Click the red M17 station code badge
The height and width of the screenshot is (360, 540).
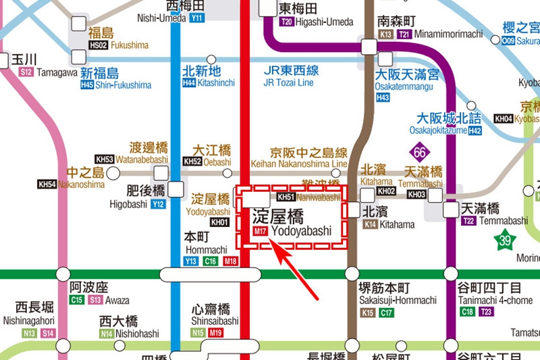[x=261, y=232]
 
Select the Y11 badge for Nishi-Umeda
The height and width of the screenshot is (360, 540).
[x=197, y=18]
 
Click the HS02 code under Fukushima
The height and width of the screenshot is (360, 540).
[x=99, y=45]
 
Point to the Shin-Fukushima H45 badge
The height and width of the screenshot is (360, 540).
[x=87, y=86]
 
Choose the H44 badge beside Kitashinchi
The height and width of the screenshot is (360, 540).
[x=189, y=83]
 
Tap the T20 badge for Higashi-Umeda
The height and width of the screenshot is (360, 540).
[x=286, y=22]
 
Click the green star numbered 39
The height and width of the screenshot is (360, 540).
[x=504, y=239]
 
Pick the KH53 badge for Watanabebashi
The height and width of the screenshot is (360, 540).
[x=105, y=159]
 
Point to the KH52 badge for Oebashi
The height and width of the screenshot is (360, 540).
[x=192, y=162]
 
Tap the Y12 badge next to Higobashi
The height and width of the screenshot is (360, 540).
[x=159, y=204]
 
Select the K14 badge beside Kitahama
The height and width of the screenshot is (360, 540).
[x=370, y=224]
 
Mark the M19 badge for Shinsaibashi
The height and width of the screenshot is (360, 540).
[x=215, y=333]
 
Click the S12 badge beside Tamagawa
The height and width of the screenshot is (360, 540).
[x=26, y=72]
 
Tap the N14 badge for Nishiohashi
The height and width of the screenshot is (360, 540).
[x=107, y=334]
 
